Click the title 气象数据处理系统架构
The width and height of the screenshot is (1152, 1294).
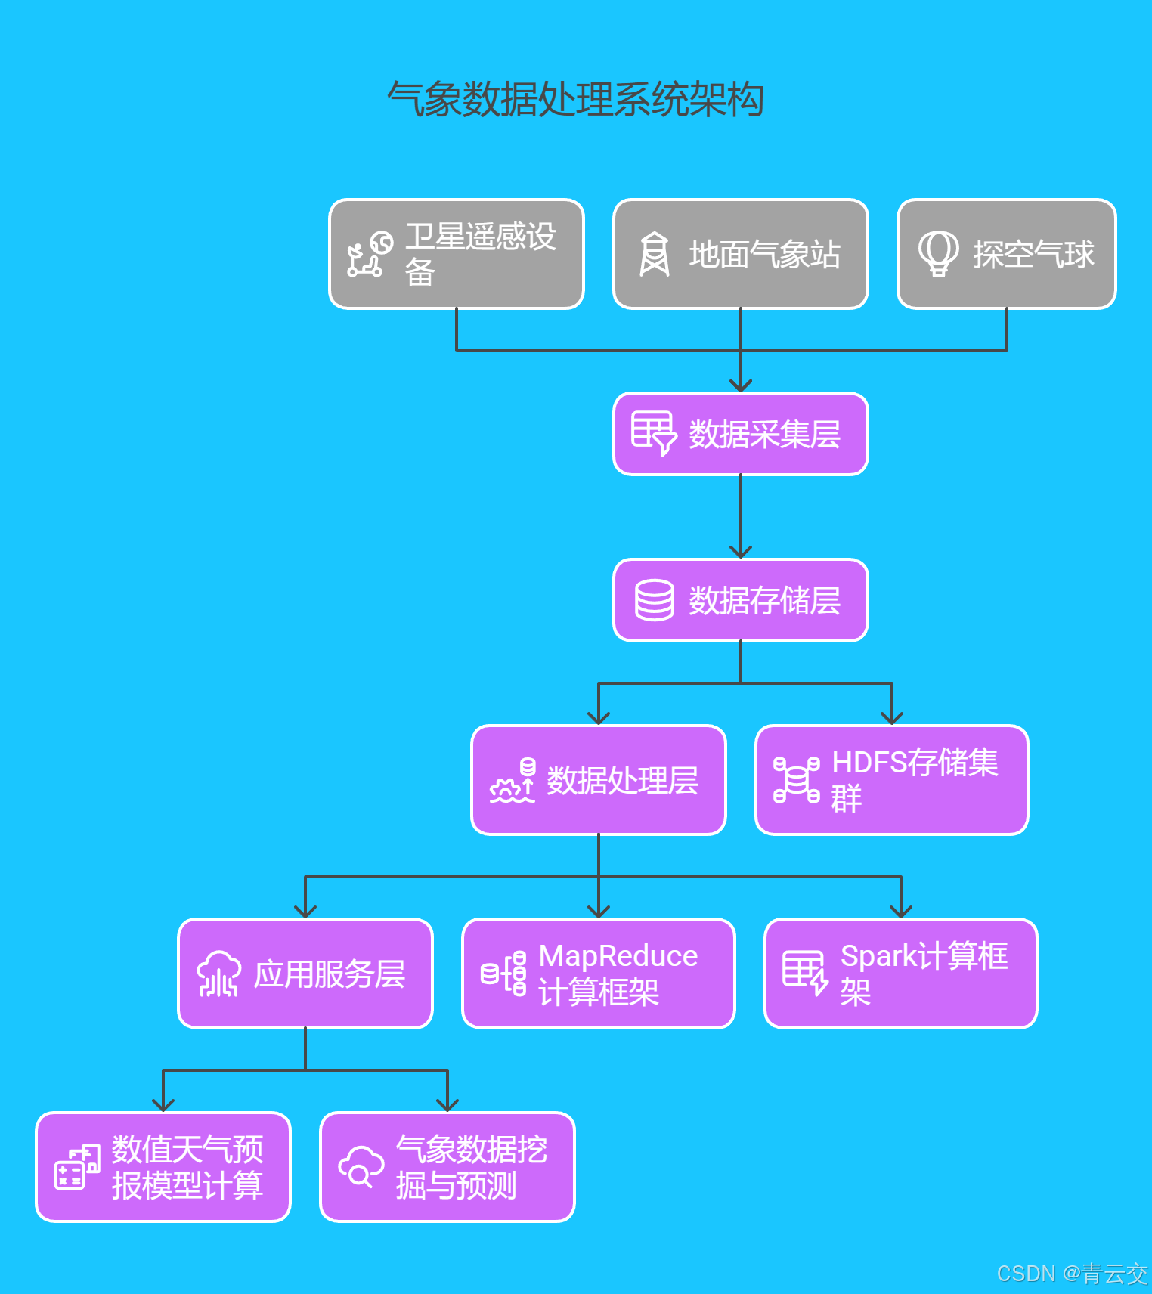tap(575, 100)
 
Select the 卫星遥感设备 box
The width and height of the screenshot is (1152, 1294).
tap(457, 254)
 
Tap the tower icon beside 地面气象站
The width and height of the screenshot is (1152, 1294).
tap(655, 254)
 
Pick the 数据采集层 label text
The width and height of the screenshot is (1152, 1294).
tap(764, 435)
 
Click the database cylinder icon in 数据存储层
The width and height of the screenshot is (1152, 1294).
tap(654, 600)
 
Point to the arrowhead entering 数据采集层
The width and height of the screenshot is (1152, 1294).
tap(741, 385)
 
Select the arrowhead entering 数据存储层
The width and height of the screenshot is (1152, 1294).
tap(741, 552)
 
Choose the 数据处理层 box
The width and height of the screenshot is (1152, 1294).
tap(599, 780)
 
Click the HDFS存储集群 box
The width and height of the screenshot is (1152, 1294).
tap(892, 780)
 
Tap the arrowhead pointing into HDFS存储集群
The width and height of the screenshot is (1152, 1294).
tap(892, 718)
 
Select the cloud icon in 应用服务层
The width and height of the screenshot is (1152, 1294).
tap(218, 974)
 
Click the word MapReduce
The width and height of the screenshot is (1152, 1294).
tap(618, 956)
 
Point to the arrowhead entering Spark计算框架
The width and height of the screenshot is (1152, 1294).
tap(901, 912)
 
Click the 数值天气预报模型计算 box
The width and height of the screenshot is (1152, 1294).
tap(163, 1167)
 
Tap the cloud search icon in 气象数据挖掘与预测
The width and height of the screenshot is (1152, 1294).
tap(361, 1167)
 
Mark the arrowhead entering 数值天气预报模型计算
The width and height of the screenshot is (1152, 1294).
tap(163, 1105)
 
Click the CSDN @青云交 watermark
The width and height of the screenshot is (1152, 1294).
tap(1072, 1274)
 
